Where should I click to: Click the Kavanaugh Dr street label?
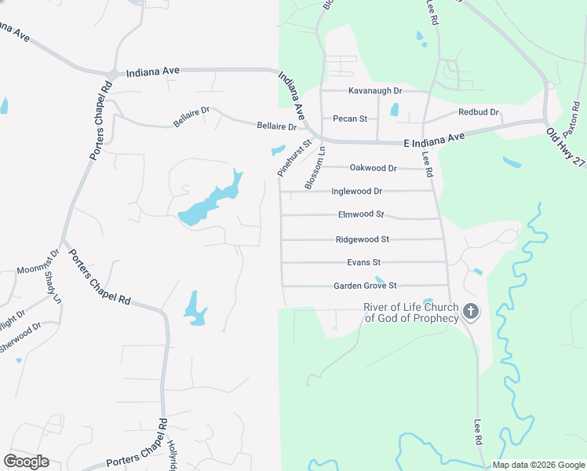pos(375,91)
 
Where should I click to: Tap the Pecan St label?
pos(350,119)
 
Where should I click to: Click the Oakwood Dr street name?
pos(374,168)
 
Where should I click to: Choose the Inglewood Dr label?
pos(357,191)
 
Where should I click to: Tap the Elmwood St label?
pos(361,214)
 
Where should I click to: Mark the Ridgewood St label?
pos(363,239)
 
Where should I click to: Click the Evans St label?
pos(363,262)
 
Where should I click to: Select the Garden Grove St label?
pos(365,286)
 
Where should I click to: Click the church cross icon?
pos(470,312)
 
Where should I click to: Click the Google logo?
pos(26,462)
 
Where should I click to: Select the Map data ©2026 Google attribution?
pos(538,466)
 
